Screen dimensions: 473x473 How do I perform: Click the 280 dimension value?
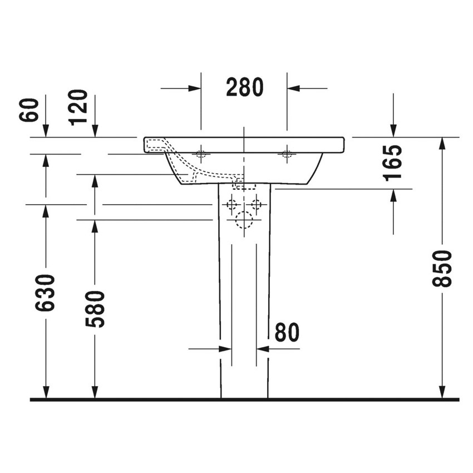244,87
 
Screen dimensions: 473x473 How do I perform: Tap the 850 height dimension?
442,268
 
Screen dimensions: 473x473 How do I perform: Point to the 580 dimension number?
95,308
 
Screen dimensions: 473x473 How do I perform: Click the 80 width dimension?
287,332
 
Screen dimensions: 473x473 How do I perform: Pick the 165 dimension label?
393,162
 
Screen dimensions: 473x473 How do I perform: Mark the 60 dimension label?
31,110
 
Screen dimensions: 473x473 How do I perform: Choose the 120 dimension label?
79,107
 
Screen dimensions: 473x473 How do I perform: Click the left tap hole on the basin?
201,153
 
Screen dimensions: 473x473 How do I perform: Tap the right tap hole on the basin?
287,153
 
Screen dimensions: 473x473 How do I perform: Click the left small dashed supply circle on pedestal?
231,204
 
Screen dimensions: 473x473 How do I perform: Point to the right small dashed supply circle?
256,204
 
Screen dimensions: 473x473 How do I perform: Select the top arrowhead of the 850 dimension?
442,143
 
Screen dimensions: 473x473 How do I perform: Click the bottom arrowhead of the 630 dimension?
46,393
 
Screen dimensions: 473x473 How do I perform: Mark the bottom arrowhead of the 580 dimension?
95,393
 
